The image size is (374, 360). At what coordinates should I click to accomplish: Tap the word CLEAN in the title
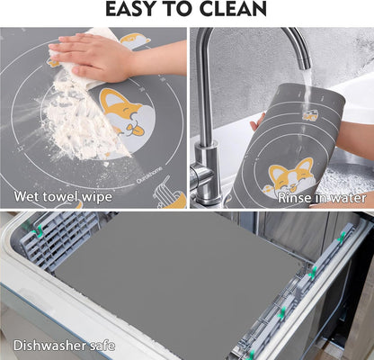pos(233,10)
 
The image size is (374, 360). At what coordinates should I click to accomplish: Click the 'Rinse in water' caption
pos(321,197)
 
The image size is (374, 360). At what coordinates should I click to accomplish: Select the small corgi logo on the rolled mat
pos(309,114)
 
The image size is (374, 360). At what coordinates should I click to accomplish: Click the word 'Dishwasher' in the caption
pos(46,344)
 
